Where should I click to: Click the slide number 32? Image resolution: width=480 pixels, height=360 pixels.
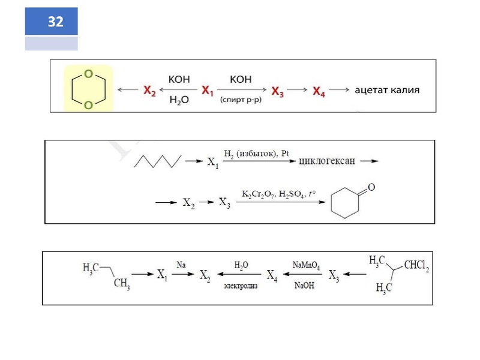coord(55,22)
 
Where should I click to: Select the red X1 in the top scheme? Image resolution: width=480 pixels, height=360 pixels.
coord(208,91)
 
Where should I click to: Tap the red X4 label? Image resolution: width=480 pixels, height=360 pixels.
coord(320,91)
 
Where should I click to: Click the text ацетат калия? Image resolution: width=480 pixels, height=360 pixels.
coord(387,90)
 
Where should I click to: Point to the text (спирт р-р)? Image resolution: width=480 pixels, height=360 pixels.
coord(240,100)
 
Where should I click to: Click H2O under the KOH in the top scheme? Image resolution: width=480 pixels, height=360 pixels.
coord(179,101)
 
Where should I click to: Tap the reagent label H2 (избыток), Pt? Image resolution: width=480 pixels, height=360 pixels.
coord(257,154)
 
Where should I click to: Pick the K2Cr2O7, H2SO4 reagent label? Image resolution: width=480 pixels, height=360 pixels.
coord(278,194)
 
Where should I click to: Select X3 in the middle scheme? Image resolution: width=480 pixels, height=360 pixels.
coord(224,203)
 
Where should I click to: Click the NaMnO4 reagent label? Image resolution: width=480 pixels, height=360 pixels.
coord(306,265)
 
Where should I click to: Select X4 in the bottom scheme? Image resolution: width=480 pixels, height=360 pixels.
coord(272,276)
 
